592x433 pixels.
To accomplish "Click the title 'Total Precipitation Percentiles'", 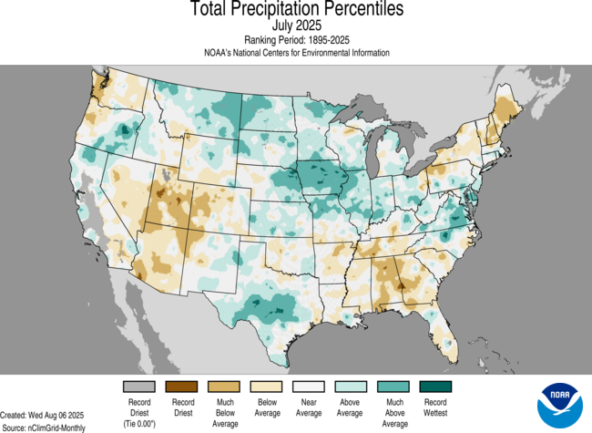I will pos(297,10).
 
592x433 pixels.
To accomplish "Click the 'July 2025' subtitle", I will pos(297,26).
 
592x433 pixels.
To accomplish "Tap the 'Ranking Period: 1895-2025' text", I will pos(297,40).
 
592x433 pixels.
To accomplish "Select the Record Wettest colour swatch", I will pos(435,387).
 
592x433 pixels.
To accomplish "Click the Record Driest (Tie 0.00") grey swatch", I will pos(140,387).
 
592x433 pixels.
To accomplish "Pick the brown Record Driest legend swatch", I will pos(182,387).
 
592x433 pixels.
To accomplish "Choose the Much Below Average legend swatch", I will pos(225,387).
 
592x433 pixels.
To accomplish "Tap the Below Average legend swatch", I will pos(267,387).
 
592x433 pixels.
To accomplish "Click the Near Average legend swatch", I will pos(309,387).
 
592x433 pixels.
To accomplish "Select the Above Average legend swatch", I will pos(352,387).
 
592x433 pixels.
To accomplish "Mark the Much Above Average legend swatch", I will pos(393,387).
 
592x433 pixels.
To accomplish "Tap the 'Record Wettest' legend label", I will pos(435,407).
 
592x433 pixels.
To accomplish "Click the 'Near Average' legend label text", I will pos(309,407).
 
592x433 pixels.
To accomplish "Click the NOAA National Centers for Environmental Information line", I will pos(297,53).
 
